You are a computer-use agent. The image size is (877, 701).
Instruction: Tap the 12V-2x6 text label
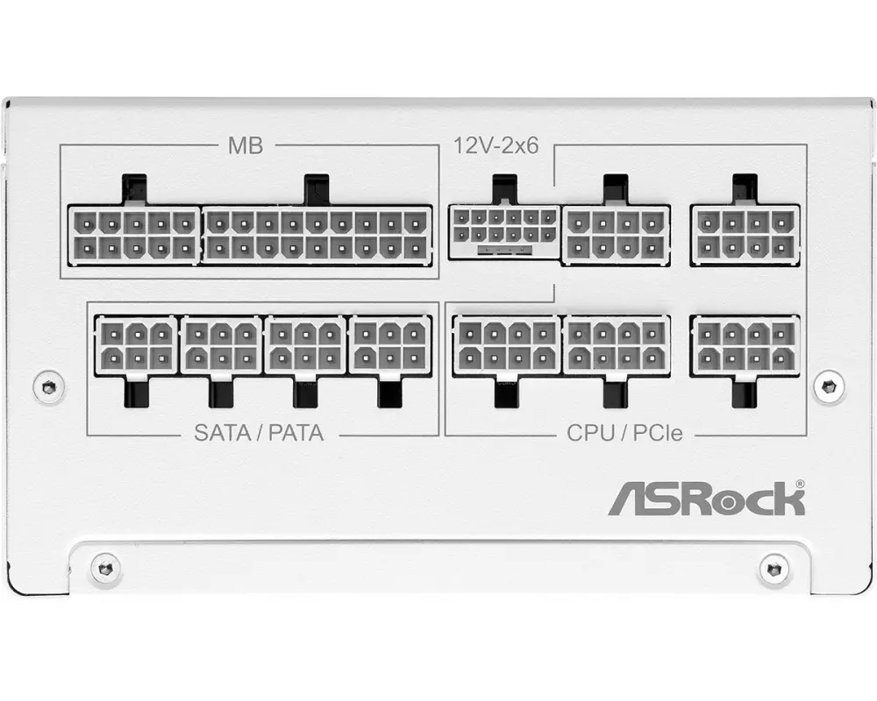tap(496, 146)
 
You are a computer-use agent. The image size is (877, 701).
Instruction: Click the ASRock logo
tap(706, 500)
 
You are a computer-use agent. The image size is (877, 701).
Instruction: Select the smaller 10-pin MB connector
tap(134, 235)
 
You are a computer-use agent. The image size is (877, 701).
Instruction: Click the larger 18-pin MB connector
tap(317, 235)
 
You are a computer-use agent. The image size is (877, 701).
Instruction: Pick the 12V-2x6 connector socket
tap(503, 231)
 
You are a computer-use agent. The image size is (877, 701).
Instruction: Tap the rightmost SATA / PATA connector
tap(390, 345)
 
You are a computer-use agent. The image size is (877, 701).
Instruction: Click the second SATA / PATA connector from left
tap(221, 345)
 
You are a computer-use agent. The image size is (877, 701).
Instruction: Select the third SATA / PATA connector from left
tap(306, 345)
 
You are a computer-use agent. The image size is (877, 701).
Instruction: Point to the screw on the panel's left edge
tap(48, 385)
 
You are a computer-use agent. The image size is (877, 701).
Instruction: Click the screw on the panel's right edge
tap(828, 385)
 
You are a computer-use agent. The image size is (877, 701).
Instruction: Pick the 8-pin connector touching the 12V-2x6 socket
tap(616, 235)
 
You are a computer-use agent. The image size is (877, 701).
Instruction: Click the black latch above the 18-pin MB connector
tap(316, 188)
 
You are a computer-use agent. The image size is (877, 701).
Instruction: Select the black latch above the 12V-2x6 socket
tap(504, 188)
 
